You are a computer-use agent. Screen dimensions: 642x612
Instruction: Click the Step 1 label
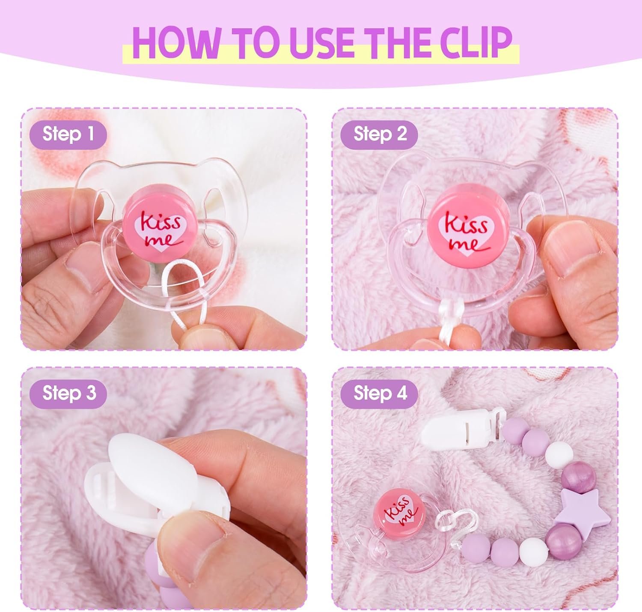[68, 134]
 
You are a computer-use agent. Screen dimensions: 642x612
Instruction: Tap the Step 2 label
[380, 134]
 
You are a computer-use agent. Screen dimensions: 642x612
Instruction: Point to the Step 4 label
[380, 393]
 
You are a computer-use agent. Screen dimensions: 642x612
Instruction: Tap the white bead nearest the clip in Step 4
[559, 456]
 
